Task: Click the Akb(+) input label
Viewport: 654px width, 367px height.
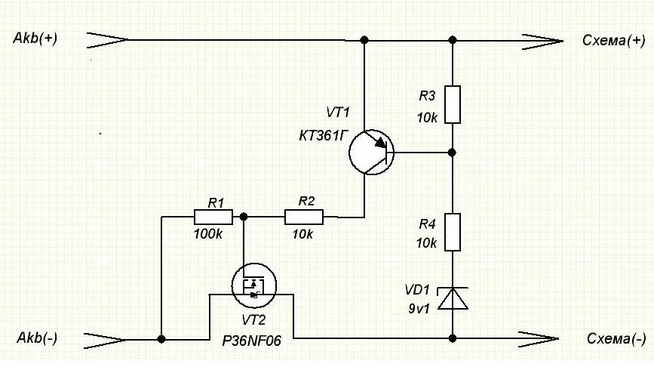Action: (35, 39)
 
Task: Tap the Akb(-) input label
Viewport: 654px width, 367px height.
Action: (37, 338)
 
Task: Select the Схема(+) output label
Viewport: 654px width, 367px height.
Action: (613, 41)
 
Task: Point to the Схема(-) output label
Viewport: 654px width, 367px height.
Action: (616, 338)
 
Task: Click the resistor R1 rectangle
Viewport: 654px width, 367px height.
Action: (213, 217)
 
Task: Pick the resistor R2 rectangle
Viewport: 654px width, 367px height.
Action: (304, 217)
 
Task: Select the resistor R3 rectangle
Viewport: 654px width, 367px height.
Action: (453, 104)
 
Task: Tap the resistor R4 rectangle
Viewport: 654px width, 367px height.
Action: (453, 232)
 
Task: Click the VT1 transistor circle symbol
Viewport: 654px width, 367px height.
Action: (371, 130)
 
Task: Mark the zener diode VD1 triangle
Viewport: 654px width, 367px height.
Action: (453, 298)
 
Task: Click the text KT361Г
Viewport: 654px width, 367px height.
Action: (324, 136)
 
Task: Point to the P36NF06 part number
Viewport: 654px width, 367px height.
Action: (251, 341)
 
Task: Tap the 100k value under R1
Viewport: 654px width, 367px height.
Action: (207, 234)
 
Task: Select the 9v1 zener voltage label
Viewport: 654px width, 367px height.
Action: (419, 309)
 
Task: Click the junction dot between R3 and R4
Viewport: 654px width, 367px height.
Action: (452, 153)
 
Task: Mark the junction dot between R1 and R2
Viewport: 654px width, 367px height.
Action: (244, 217)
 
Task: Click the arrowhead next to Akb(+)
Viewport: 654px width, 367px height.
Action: (108, 40)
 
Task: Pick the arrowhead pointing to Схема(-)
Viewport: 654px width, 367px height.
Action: (538, 339)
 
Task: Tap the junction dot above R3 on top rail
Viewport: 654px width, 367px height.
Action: (453, 40)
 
